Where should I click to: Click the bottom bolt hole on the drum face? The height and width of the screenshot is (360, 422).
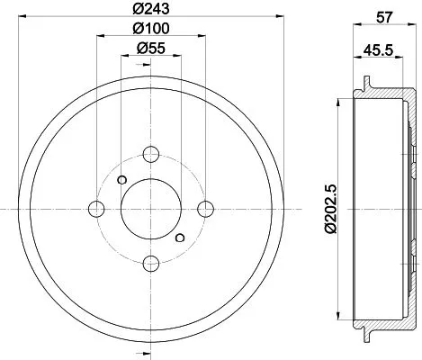(151, 263)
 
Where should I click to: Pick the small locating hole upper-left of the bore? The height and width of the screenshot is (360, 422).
(122, 178)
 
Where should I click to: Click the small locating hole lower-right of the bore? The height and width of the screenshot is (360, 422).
(180, 238)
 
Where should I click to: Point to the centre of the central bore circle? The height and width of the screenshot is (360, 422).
(151, 209)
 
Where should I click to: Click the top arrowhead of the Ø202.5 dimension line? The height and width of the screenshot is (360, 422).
(344, 99)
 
